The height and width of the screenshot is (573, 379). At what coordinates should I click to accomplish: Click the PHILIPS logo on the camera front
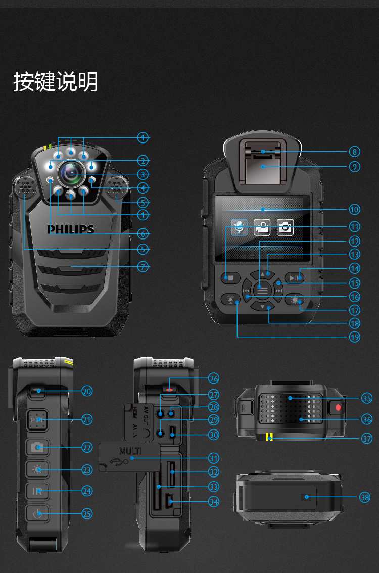[71, 229]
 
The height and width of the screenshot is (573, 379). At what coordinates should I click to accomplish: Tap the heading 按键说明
[56, 82]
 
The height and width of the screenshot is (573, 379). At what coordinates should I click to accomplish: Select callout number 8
[354, 151]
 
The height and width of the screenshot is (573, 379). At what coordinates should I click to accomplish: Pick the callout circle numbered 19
[354, 336]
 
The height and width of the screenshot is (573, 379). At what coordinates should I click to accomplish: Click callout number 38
[365, 497]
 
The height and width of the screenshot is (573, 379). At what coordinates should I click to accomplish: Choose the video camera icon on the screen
[262, 227]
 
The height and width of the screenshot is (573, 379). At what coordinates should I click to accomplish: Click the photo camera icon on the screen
[285, 227]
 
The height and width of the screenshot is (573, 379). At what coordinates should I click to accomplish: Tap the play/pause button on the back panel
[294, 277]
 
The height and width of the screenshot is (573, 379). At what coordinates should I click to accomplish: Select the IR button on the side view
[38, 491]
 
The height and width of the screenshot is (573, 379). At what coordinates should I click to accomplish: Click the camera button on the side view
[38, 447]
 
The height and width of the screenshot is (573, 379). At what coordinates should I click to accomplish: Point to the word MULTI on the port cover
[130, 450]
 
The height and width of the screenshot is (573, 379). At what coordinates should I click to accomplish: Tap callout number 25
[87, 513]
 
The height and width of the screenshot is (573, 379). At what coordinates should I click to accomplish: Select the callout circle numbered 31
[214, 458]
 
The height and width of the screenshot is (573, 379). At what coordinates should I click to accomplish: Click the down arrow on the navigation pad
[262, 307]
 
